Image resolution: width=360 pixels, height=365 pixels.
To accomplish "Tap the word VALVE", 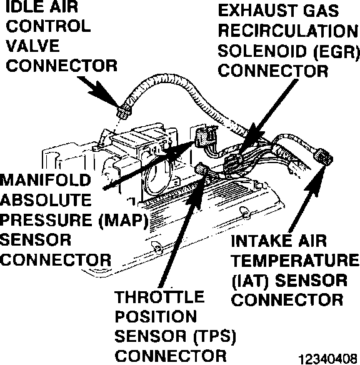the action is tap(32, 46).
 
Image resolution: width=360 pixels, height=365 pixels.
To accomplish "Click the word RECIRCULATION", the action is tap(288, 31).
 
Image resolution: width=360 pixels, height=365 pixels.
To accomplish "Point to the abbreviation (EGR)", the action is tap(336, 51).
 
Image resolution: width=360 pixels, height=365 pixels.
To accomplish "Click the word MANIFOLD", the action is tap(45, 180).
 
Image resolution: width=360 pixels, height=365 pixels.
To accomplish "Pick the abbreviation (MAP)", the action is tap(124, 220).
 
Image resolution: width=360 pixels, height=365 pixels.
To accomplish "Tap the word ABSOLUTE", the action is tap(46, 200).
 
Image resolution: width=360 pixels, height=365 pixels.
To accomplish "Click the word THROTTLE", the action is tap(159, 297).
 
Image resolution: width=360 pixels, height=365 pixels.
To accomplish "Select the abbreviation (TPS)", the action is tap(214, 337).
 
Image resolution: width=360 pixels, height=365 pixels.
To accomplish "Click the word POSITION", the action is tap(156, 317).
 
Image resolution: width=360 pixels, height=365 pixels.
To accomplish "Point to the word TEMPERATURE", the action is tap(295, 260).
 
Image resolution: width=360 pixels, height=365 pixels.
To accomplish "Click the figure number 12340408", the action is tap(328, 359).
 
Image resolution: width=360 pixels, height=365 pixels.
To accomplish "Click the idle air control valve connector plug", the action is tap(124, 112).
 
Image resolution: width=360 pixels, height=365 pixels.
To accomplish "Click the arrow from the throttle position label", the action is tap(183, 231).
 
